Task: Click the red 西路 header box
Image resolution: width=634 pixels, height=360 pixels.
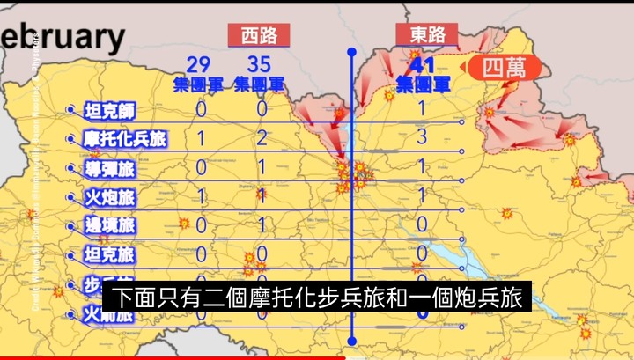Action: [x=258, y=35]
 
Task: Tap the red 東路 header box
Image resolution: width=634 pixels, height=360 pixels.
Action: [x=427, y=35]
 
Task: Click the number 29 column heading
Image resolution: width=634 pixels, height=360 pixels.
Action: [x=199, y=64]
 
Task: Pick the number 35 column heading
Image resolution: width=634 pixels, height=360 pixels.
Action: [x=259, y=64]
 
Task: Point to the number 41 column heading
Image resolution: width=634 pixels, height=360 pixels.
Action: [x=424, y=64]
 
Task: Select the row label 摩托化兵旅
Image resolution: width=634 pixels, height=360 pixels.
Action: [x=125, y=139]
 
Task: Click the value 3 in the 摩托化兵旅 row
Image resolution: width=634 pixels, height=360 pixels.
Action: [x=422, y=136]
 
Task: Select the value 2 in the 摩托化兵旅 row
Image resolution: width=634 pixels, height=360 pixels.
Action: [x=261, y=138]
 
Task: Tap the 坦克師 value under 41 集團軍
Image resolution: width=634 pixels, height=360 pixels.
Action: [x=422, y=108]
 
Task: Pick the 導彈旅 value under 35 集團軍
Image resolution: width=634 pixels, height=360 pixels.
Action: [x=261, y=167]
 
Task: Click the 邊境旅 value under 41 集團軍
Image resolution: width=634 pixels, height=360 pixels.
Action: [x=422, y=224]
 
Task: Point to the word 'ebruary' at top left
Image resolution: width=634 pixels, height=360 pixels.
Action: [x=63, y=38]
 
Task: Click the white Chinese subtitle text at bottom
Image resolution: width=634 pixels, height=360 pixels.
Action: [x=316, y=298]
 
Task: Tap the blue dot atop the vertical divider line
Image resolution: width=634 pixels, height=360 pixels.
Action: [x=352, y=52]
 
